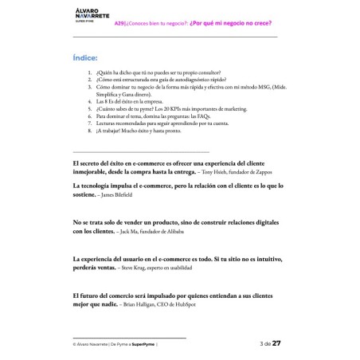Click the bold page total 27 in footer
point(276,343)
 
